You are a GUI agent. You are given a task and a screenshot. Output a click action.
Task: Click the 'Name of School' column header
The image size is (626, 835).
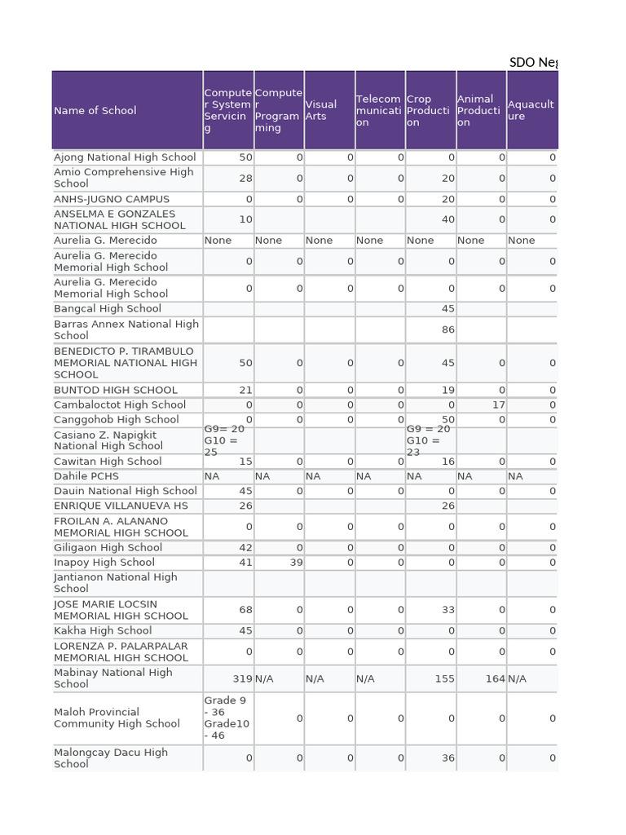tap(95, 111)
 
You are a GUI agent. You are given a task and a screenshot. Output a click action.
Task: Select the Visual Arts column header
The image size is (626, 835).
tap(321, 111)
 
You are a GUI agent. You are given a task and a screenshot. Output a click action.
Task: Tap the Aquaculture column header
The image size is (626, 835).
tap(531, 111)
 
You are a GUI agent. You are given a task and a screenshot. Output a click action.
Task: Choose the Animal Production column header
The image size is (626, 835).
tap(477, 111)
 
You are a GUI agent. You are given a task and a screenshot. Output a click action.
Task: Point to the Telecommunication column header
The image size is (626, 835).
tap(378, 111)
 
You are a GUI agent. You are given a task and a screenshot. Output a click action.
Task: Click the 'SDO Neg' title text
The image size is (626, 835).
tap(533, 62)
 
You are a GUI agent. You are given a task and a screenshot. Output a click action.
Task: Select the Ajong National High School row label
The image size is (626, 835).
tap(125, 157)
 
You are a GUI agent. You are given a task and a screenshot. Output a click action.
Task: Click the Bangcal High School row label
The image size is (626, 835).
tap(108, 309)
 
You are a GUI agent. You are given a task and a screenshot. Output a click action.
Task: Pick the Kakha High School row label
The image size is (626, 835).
tap(103, 631)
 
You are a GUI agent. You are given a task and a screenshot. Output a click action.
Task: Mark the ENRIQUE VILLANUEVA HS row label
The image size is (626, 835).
tap(121, 506)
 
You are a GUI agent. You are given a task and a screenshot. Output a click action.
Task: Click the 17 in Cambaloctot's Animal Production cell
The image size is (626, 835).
tap(499, 405)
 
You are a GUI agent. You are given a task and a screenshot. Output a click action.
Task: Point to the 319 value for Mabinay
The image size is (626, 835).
tap(242, 678)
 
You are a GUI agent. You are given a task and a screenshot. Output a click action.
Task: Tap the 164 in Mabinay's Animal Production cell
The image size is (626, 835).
tap(495, 678)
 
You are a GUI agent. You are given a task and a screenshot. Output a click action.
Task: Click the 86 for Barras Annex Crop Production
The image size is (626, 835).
tap(447, 330)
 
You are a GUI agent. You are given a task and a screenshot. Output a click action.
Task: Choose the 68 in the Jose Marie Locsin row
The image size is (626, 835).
tap(245, 610)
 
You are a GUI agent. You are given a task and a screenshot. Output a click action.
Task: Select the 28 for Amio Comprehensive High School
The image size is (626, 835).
tap(245, 179)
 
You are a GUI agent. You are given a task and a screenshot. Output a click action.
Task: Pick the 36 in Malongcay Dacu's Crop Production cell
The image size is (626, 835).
tap(447, 758)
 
